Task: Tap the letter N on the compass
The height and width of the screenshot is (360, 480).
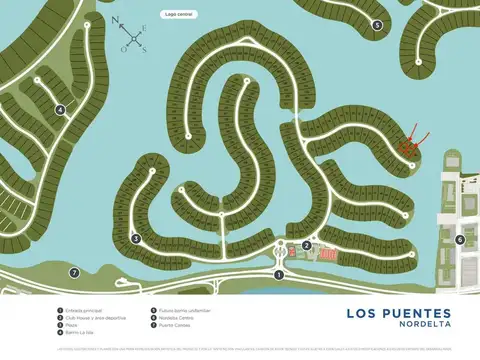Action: click(x=116, y=19)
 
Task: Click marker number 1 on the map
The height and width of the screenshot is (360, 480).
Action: click(x=279, y=274)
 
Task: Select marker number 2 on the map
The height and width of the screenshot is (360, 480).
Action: click(x=307, y=245)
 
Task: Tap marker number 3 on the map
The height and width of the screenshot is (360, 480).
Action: click(x=135, y=238)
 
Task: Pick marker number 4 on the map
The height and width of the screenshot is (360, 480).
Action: click(x=60, y=111)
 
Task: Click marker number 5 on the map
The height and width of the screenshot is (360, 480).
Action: click(x=377, y=25)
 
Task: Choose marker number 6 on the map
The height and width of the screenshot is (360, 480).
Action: click(x=460, y=239)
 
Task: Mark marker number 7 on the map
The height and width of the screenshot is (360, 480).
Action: click(x=73, y=272)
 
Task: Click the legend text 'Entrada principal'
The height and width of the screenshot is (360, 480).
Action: click(x=84, y=311)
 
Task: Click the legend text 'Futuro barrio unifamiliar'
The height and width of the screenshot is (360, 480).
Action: click(x=180, y=311)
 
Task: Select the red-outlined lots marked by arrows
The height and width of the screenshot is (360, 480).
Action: click(x=407, y=147)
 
